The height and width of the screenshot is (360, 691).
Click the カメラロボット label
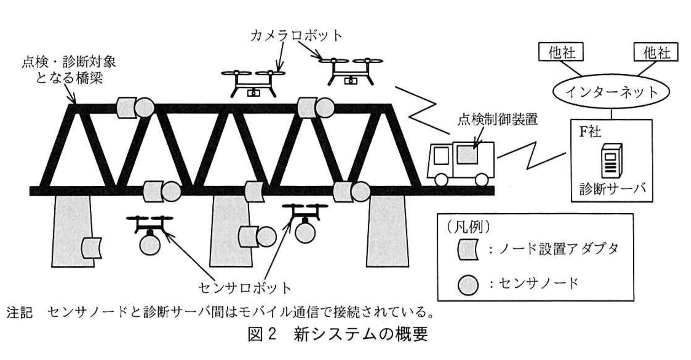tap(296, 36)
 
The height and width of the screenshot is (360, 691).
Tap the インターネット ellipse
tap(611, 92)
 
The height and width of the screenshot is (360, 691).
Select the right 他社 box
tap(656, 52)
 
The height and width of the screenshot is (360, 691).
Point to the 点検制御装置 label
tap(497, 120)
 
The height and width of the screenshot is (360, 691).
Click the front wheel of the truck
tap(441, 179)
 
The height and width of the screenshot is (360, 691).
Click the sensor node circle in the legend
tap(468, 285)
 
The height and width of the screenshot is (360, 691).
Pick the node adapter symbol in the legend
tap(468, 250)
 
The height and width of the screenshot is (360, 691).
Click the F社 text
tap(590, 132)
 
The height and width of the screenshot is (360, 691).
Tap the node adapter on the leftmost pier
tap(91, 248)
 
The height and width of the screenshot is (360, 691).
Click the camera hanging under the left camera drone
tap(253, 93)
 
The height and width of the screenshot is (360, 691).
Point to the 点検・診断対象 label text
tap(69, 62)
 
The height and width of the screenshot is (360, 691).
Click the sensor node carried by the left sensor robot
tap(150, 245)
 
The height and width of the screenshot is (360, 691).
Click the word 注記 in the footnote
tap(19, 313)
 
